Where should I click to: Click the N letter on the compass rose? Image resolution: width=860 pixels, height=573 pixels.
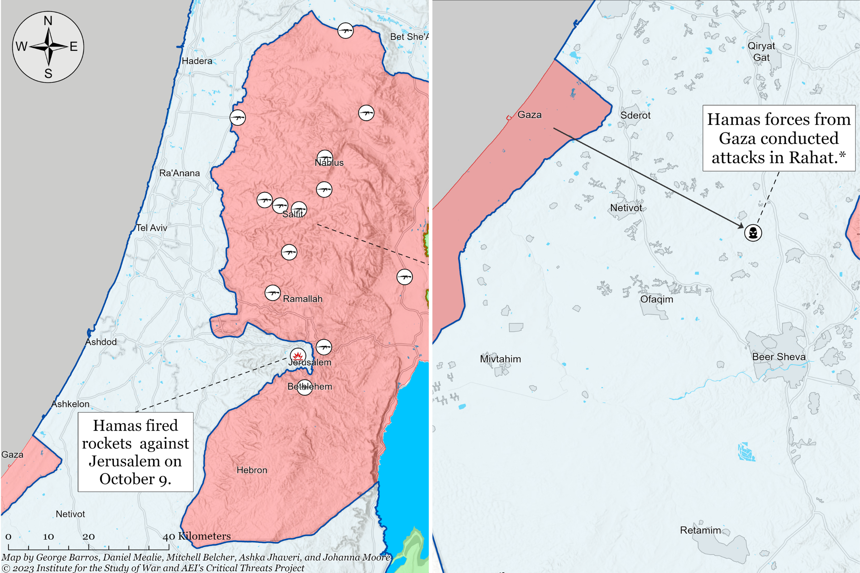[48, 21]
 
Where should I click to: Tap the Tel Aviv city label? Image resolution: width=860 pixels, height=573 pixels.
[151, 228]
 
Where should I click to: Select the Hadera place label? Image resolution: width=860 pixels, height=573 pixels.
[197, 61]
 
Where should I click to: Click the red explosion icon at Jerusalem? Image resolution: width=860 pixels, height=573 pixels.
[298, 356]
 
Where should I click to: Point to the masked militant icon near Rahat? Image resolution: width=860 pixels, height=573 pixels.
[753, 232]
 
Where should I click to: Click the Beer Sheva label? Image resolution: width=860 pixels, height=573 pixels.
[778, 357]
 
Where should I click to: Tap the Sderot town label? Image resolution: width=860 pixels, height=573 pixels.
[635, 115]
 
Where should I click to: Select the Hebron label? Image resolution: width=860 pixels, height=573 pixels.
[252, 470]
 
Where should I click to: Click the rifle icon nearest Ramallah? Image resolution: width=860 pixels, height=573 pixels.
[272, 293]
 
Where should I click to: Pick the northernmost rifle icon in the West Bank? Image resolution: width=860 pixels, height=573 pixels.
[345, 30]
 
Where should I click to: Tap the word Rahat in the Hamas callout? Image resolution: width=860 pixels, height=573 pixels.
[812, 158]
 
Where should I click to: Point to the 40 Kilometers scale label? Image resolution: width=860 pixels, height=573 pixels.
[197, 536]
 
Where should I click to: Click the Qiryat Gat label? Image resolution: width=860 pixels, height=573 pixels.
[761, 52]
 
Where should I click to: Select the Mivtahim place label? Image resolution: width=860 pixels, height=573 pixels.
[500, 359]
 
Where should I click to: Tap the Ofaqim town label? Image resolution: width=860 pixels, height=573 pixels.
[656, 299]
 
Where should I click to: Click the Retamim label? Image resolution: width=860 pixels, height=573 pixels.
[700, 530]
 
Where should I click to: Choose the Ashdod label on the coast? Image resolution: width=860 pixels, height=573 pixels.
[101, 342]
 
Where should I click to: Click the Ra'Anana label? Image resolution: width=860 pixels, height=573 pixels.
[179, 173]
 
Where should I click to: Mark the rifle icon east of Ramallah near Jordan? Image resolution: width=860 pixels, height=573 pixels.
[405, 276]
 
